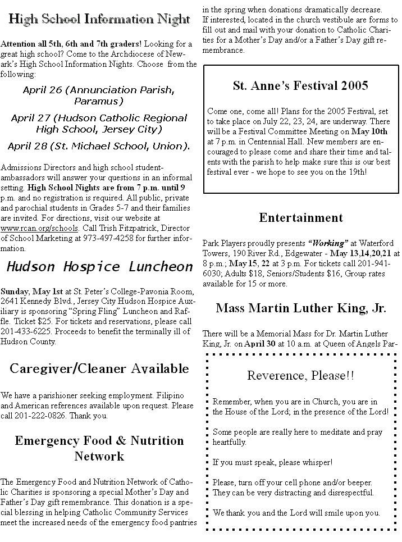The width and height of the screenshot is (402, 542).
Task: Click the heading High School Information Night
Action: (x=99, y=20)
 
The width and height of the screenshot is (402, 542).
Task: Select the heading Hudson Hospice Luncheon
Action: (x=99, y=266)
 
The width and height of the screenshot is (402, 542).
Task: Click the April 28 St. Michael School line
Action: (x=99, y=146)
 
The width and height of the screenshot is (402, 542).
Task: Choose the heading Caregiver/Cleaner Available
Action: (x=99, y=368)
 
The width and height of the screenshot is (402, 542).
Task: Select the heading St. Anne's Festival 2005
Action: (x=300, y=85)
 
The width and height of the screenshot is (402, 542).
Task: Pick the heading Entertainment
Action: (x=300, y=217)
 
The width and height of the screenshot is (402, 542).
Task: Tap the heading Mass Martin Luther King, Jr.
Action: (x=300, y=308)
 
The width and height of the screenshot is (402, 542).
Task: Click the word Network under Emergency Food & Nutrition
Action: (x=99, y=456)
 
